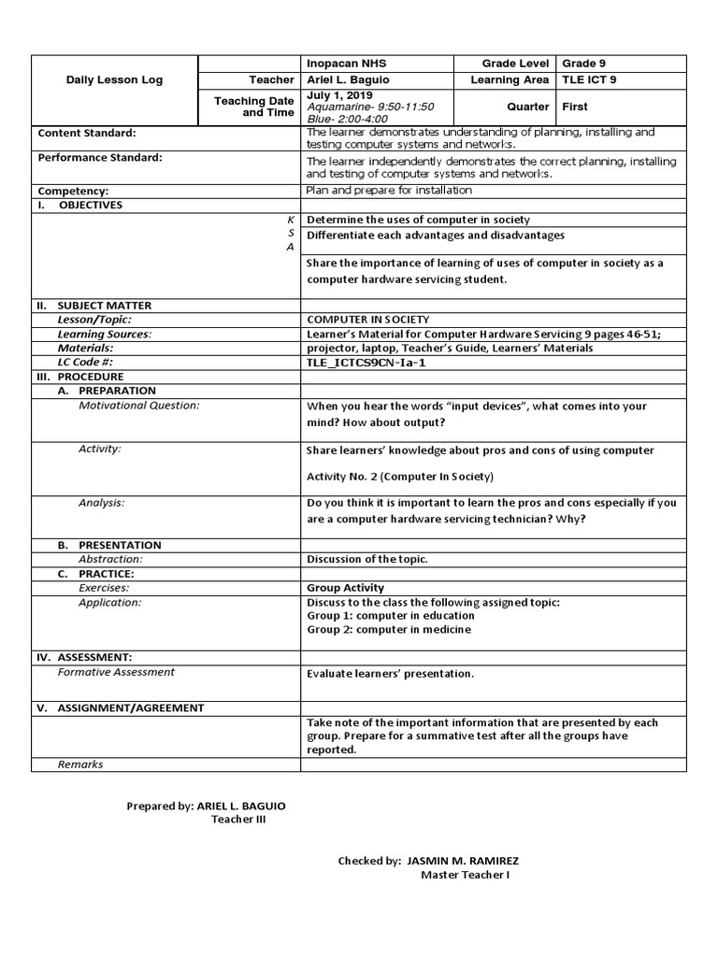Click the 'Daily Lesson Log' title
pos(114,80)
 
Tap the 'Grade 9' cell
pos(584,64)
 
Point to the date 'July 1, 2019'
pos(339,96)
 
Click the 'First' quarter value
pos(575,107)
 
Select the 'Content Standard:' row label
pos(87,134)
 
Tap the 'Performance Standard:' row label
pos(100,158)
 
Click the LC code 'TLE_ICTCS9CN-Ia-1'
pos(366,362)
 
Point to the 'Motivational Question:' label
pos(139,406)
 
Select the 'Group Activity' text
pos(345,589)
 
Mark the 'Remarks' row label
pos(80,764)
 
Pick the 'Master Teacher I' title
pos(465,875)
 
